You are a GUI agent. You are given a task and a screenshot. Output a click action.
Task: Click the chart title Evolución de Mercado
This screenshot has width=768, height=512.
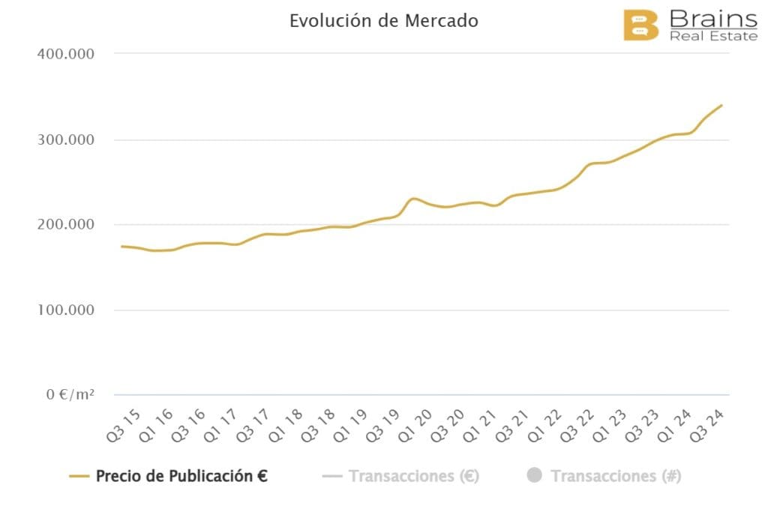383,21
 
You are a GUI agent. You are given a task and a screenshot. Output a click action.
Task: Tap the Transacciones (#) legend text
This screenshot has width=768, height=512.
615,476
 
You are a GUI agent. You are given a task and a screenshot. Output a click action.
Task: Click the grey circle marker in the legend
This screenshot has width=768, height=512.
534,475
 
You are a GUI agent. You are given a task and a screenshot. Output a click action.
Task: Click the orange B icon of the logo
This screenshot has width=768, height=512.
640,25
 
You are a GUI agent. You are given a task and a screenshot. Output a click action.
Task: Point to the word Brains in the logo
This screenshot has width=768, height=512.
712,17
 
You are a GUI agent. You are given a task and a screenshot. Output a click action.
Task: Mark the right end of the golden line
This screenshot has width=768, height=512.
721,105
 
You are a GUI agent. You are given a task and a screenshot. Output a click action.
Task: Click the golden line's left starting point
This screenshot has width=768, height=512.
121,246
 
